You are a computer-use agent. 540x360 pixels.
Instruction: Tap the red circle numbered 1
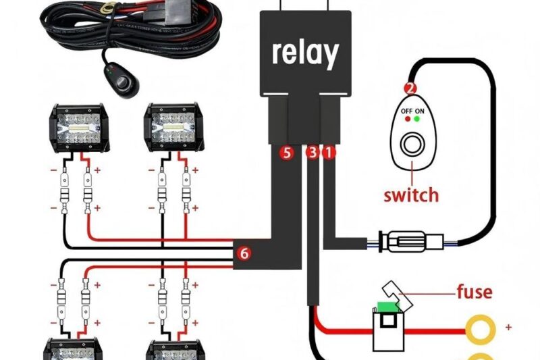pyautogui.click(x=329, y=153)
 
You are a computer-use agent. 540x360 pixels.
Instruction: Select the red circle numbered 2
pyautogui.click(x=410, y=88)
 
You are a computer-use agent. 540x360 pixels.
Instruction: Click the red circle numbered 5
pyautogui.click(x=288, y=153)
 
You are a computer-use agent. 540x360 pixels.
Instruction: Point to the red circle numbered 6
pyautogui.click(x=244, y=253)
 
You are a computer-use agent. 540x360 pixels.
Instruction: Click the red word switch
pyautogui.click(x=410, y=195)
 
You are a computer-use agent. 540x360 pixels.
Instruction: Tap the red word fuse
pyautogui.click(x=474, y=292)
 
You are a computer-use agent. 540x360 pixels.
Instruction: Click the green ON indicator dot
pyautogui.click(x=418, y=119)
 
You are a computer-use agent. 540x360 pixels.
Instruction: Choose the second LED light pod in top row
pyautogui.click(x=169, y=129)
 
